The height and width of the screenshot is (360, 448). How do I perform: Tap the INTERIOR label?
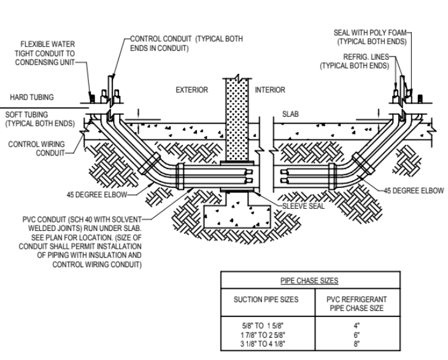pos(270,90)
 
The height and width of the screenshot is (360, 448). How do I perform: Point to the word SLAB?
pos(290,114)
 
